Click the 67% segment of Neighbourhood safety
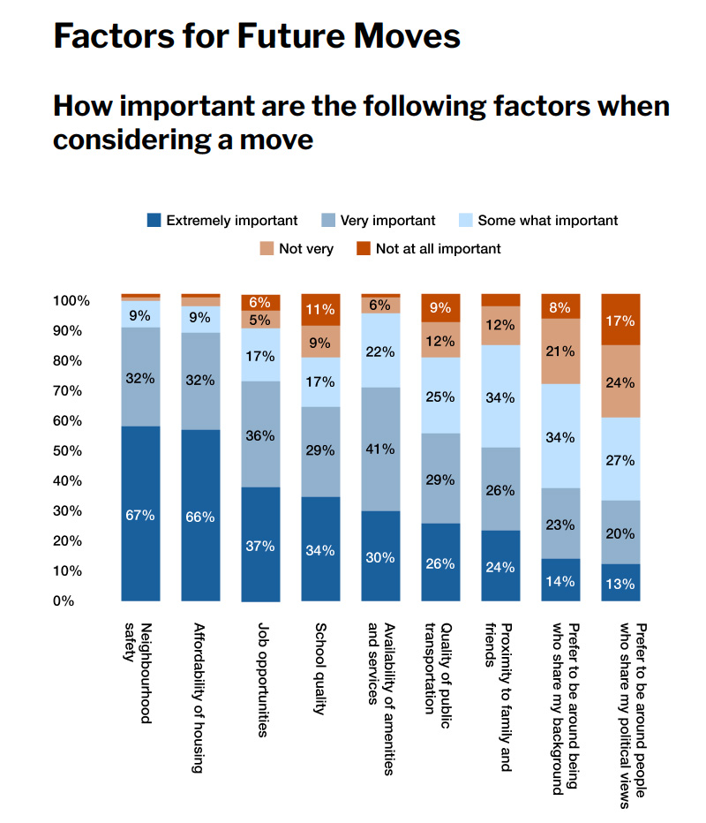click(x=140, y=513)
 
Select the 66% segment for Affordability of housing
click(x=200, y=516)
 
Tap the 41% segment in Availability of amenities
click(x=380, y=449)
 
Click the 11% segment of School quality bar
click(x=320, y=309)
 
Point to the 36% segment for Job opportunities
click(x=260, y=434)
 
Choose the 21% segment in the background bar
click(x=560, y=351)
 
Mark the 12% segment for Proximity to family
click(x=500, y=325)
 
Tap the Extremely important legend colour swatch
click(x=154, y=220)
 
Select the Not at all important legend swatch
click(x=363, y=248)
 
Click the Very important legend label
click(x=388, y=221)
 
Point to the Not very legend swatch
click(x=267, y=248)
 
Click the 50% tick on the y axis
click(x=71, y=450)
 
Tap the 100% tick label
click(x=71, y=300)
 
